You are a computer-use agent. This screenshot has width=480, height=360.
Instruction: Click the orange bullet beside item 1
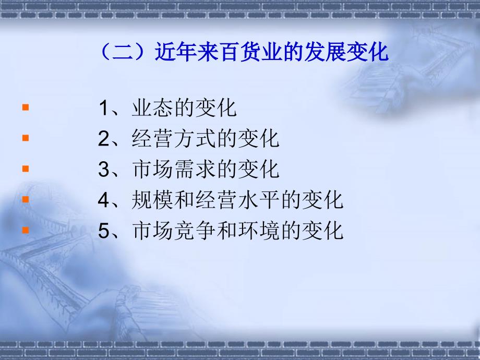(26, 107)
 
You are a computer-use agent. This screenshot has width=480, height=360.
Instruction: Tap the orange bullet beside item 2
(26, 138)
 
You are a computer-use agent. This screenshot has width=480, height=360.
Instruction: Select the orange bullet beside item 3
(26, 169)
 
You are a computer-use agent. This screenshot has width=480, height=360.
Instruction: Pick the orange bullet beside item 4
(26, 199)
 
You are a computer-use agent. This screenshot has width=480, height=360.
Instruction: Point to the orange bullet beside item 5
(26, 230)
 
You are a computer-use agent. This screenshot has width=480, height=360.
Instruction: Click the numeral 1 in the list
(103, 108)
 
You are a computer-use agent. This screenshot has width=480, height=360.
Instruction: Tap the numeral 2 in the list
(103, 139)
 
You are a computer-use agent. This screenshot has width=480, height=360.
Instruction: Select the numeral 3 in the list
(103, 169)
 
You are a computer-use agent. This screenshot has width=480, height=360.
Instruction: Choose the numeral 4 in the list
(103, 200)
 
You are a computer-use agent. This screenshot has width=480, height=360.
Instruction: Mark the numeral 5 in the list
(103, 231)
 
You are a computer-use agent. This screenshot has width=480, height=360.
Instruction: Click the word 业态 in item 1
(152, 108)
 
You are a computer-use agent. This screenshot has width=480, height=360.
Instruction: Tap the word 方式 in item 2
(195, 139)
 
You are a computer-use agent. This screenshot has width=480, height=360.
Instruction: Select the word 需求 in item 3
(195, 169)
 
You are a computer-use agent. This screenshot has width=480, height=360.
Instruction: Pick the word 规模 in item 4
(152, 200)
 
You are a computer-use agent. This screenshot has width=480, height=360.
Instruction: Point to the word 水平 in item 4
(259, 200)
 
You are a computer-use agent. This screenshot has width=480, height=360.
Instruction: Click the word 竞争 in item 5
(195, 231)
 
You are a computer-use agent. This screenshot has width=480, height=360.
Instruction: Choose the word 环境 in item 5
(259, 231)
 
